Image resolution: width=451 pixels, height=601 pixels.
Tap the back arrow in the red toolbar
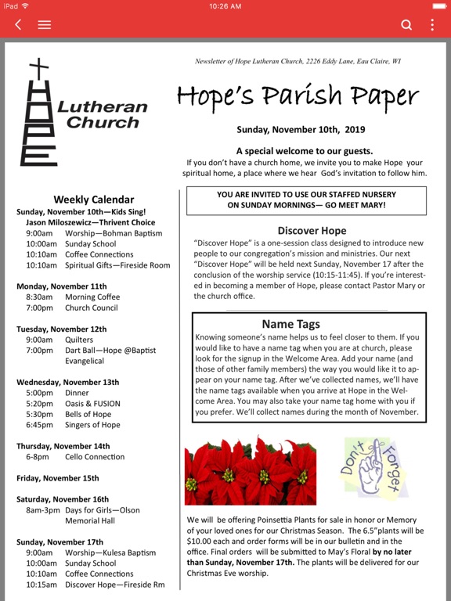pyautogui.click(x=18, y=25)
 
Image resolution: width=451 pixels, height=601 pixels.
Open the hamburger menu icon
pyautogui.click(x=45, y=25)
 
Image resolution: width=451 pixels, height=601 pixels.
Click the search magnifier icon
pyautogui.click(x=406, y=25)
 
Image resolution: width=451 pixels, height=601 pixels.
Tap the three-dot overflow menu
pyautogui.click(x=432, y=25)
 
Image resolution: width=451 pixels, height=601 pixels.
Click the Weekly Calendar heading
pyautogui.click(x=93, y=200)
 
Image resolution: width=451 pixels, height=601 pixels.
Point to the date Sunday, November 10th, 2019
pyautogui.click(x=301, y=130)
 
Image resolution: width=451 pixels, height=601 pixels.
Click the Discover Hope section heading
pyautogui.click(x=312, y=231)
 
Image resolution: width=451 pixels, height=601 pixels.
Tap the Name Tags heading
pyautogui.click(x=290, y=324)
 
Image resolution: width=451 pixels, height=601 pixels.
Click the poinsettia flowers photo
pyautogui.click(x=251, y=471)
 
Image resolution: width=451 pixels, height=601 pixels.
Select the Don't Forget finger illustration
pyautogui.click(x=375, y=468)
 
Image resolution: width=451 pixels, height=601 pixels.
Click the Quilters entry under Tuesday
pyautogui.click(x=79, y=340)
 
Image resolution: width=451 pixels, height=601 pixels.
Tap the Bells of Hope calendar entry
pyautogui.click(x=88, y=414)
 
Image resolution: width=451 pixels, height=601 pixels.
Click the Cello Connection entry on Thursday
pyautogui.click(x=95, y=457)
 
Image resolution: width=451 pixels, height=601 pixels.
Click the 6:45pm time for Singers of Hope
pyautogui.click(x=39, y=425)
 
